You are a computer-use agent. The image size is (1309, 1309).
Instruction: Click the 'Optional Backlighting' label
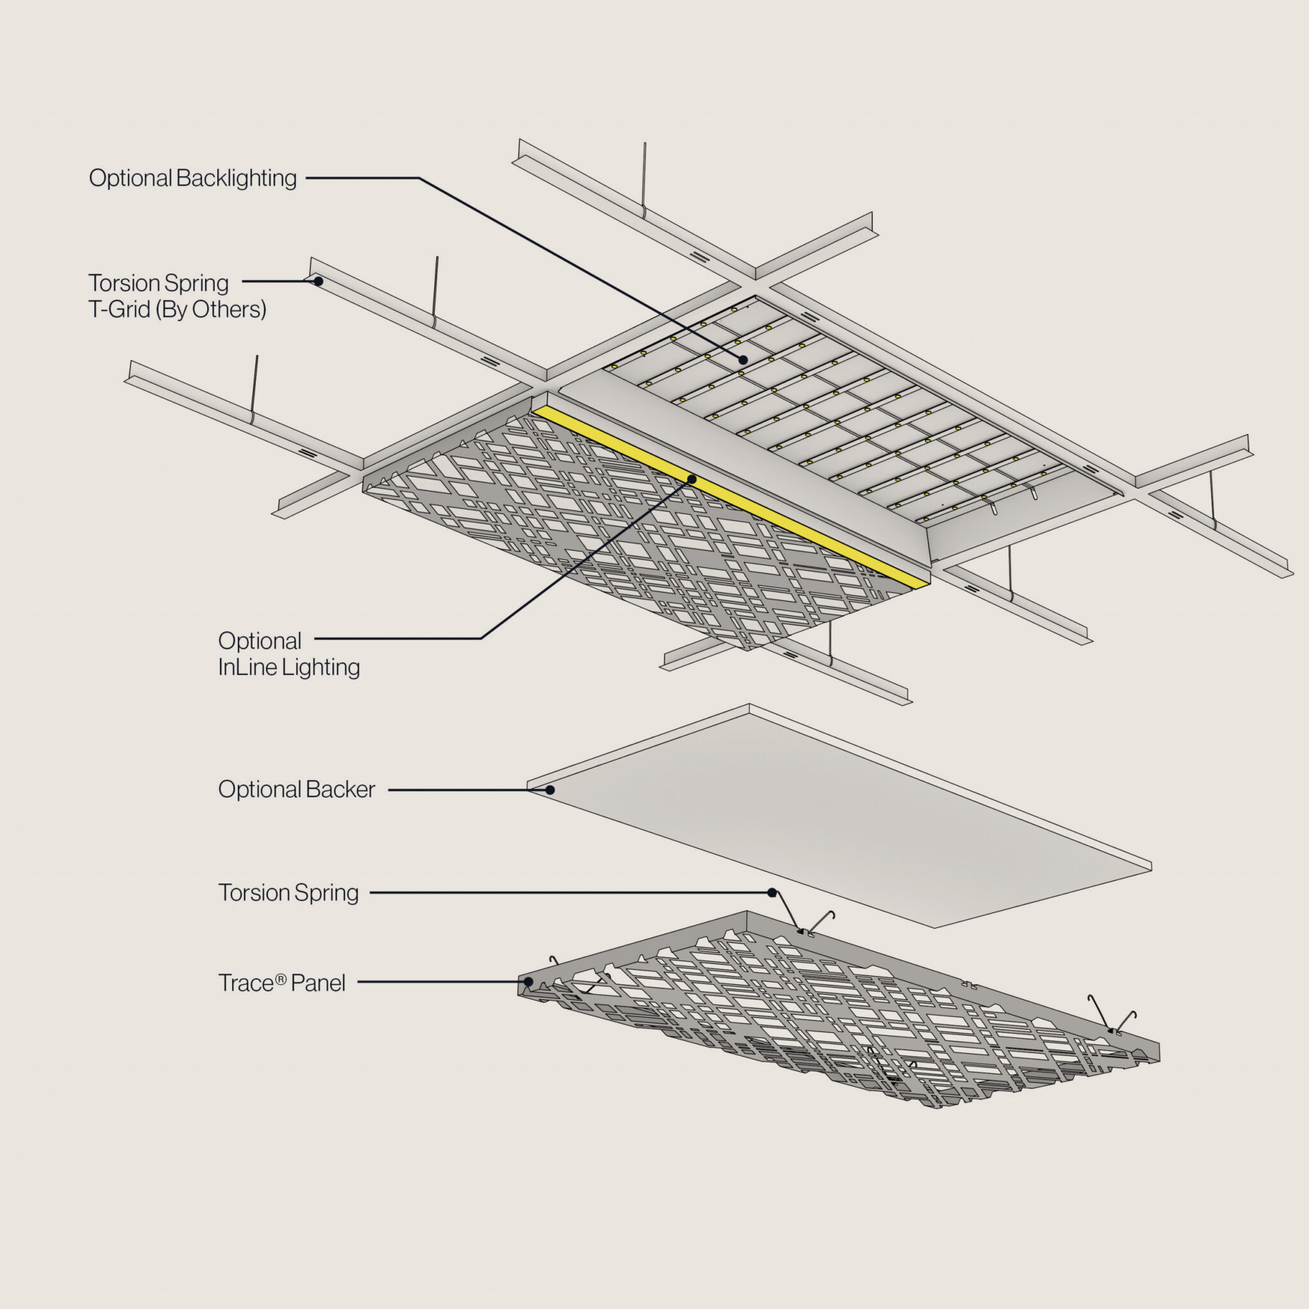192,178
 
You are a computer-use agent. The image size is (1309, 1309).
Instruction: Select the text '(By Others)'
211,309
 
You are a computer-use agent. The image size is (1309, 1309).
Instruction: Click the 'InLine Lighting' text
289,667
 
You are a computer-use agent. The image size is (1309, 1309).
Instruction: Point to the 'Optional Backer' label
296,789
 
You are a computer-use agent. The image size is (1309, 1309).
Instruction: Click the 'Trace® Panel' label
281,983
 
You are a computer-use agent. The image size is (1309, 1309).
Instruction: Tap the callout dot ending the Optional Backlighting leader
743,360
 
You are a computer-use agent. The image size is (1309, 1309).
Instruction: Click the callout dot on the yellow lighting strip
692,479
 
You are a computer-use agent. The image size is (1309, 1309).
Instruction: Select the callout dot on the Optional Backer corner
550,790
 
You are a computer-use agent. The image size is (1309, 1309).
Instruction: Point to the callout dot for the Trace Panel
529,981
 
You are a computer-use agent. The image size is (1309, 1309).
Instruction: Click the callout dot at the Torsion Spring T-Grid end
318,281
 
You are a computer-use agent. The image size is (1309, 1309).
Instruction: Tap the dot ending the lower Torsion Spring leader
771,893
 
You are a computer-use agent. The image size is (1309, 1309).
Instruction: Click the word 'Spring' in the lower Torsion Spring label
327,894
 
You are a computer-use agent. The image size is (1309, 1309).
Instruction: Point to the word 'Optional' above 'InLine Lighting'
259,641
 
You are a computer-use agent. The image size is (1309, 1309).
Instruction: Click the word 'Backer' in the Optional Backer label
340,789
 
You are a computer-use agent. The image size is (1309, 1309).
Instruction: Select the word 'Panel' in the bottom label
318,983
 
